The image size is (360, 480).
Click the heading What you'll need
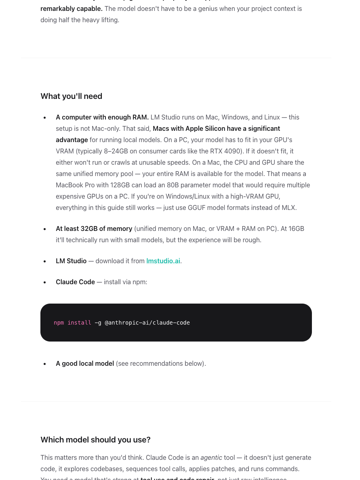[71, 96]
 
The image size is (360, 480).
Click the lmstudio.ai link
[163, 261]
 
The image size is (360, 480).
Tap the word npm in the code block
[59, 323]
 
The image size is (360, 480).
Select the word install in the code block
[79, 323]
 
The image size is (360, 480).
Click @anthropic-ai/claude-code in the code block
[147, 323]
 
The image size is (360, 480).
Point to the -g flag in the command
[98, 323]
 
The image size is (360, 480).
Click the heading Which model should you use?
[95, 440]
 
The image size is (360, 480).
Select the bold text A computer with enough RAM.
[102, 117]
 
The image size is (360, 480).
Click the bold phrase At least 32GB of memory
[94, 228]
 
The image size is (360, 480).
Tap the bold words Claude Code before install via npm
[75, 282]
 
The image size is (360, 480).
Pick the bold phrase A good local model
[85, 363]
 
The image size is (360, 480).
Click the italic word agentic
[211, 457]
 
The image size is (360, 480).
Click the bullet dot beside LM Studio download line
[44, 261]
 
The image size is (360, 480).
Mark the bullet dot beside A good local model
[44, 364]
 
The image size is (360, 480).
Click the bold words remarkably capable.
[71, 8]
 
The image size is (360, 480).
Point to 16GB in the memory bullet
[296, 228]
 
